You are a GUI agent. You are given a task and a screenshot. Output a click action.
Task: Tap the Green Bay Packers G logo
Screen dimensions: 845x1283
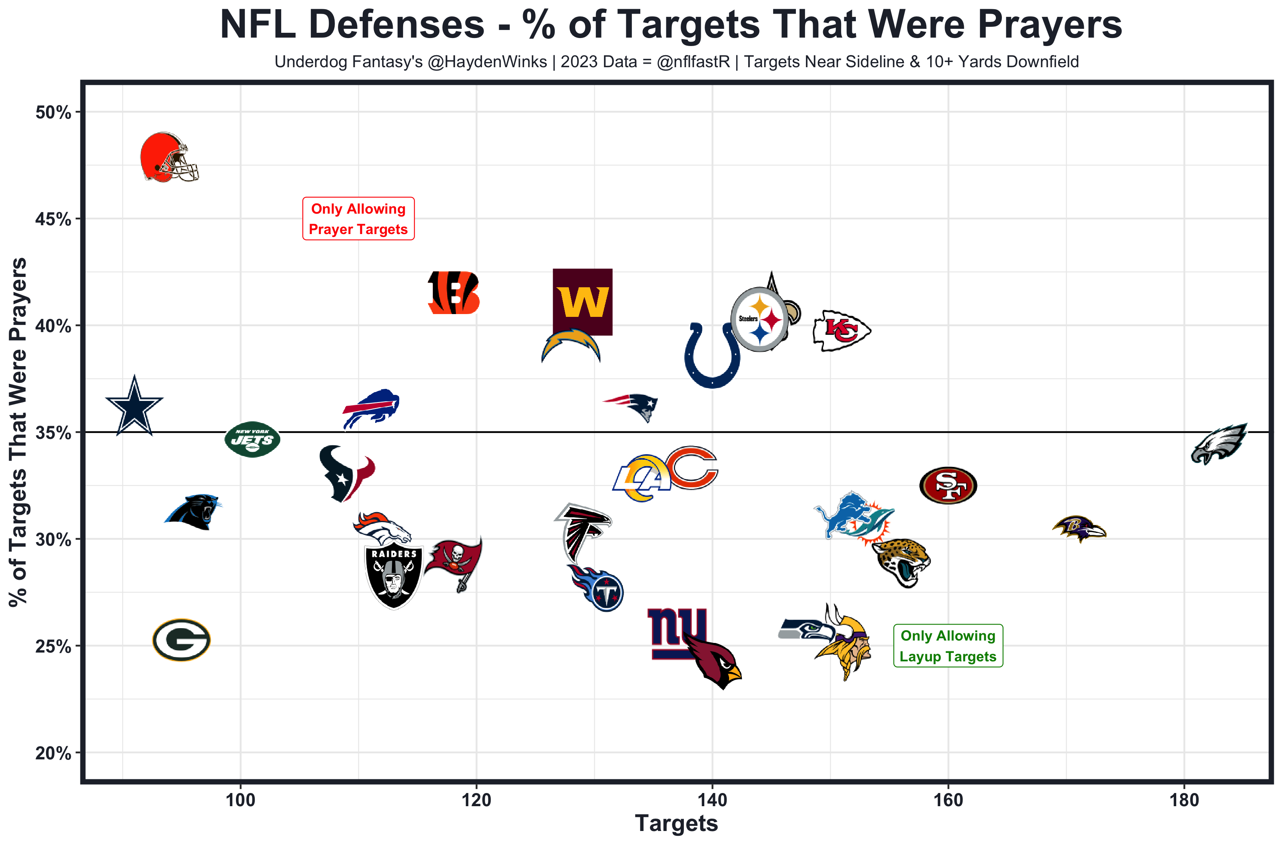click(x=181, y=640)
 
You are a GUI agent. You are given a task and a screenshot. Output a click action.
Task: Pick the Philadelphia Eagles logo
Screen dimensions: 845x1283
click(x=1219, y=444)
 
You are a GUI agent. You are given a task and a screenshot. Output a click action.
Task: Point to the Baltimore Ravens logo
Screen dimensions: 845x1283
click(x=1079, y=529)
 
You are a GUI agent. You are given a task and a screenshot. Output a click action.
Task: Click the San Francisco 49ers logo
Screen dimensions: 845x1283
click(x=948, y=485)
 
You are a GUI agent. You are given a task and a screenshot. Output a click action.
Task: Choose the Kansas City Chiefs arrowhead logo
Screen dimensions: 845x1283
click(x=841, y=330)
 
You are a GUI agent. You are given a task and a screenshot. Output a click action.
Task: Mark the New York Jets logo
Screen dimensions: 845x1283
click(x=252, y=439)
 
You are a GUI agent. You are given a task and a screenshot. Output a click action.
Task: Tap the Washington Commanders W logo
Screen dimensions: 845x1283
click(x=582, y=302)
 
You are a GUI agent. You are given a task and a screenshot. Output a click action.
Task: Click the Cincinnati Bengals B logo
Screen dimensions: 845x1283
click(x=454, y=293)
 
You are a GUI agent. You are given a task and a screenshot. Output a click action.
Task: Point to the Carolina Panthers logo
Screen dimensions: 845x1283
click(x=194, y=511)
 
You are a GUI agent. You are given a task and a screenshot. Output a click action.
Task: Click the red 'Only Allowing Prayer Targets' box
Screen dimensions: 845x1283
click(x=358, y=219)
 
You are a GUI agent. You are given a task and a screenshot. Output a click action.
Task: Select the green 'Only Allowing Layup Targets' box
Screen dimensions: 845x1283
click(x=948, y=646)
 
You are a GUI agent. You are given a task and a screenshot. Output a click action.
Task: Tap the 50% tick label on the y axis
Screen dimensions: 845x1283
click(x=53, y=113)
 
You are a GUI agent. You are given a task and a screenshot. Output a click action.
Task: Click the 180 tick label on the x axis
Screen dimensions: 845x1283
click(x=1184, y=800)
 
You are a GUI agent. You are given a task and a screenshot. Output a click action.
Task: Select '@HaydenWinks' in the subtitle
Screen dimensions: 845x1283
click(x=488, y=62)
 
